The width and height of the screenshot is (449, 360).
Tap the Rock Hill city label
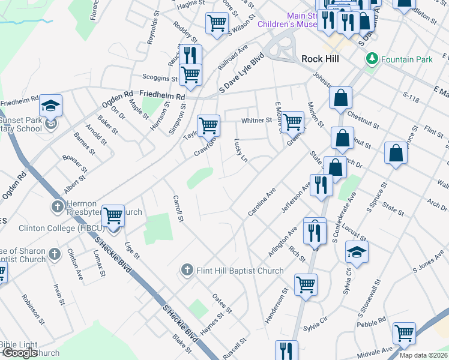(x=320, y=59)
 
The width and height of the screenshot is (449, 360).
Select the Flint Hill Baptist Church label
(x=240, y=271)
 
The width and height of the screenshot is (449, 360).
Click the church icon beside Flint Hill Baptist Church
(x=187, y=271)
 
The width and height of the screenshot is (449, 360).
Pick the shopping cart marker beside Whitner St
(x=293, y=121)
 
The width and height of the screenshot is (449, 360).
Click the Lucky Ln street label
(x=240, y=150)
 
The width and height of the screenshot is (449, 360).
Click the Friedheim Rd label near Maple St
(x=163, y=94)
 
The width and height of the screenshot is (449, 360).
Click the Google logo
(x=20, y=353)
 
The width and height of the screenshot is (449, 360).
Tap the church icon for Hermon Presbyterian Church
(x=57, y=208)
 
